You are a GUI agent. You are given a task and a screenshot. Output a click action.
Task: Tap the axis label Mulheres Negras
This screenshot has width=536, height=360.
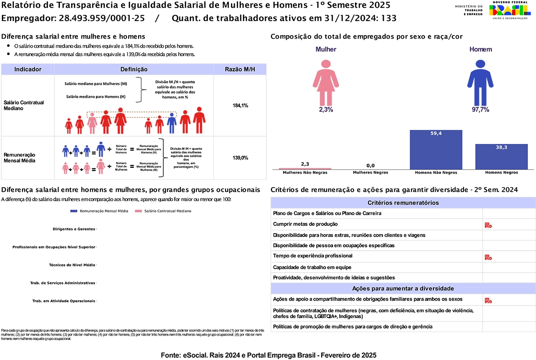tap(370, 172)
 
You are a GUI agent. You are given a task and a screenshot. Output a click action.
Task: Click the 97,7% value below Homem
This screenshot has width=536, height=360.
tap(480, 110)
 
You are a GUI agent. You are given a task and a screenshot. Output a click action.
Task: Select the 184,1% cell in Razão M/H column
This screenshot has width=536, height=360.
tap(240, 105)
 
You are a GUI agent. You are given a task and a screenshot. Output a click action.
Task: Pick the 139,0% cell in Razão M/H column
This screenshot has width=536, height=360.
tap(240, 158)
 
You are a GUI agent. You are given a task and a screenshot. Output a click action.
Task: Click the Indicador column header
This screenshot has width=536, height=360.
tap(28, 69)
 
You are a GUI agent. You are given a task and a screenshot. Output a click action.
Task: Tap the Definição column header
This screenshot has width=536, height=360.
tap(134, 69)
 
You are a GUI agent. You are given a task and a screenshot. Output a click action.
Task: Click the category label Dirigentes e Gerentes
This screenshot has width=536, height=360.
tap(74, 229)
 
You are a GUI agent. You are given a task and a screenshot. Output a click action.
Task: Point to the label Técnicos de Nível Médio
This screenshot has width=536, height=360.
tap(72, 265)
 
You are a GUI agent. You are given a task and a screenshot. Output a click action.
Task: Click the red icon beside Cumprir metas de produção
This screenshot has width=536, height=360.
tap(488, 225)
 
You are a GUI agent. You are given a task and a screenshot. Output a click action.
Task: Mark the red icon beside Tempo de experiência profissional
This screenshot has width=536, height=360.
tap(488, 257)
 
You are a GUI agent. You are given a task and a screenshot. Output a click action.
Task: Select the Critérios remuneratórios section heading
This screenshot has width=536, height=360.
tap(403, 203)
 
